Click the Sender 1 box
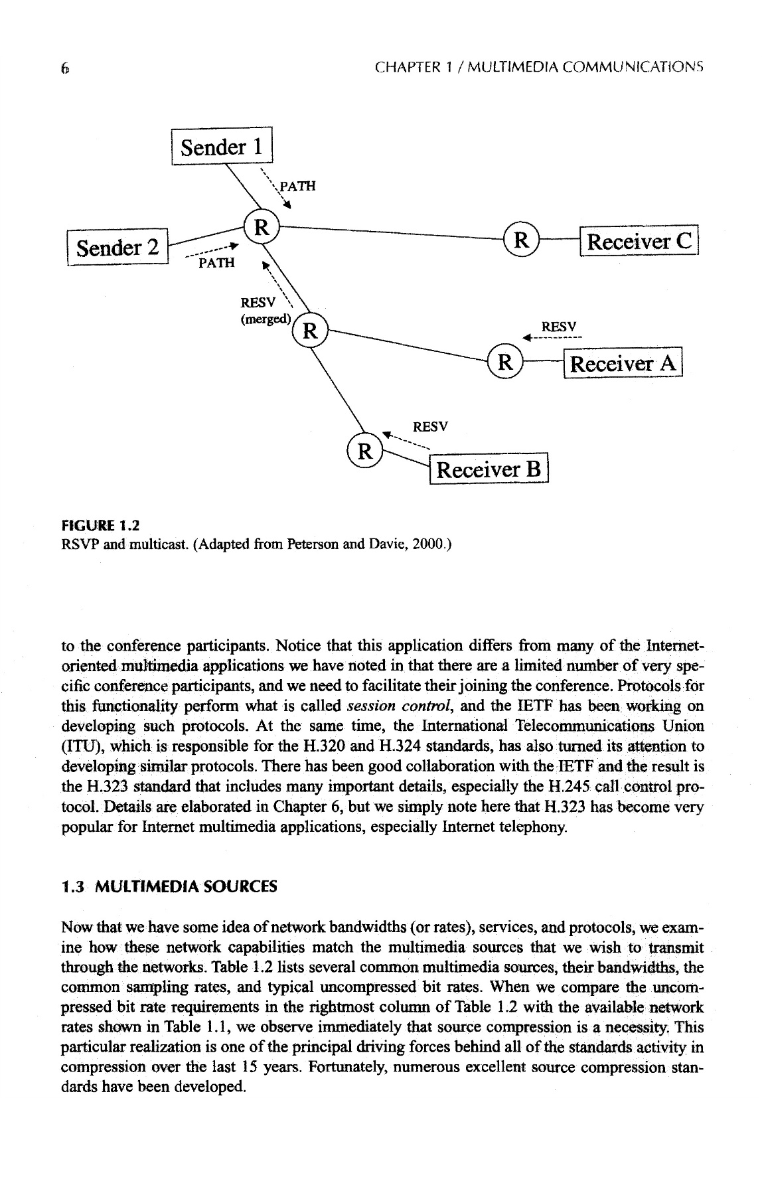click(x=222, y=146)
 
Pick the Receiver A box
click(x=623, y=363)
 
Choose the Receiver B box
click(x=490, y=469)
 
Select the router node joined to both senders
click(x=262, y=228)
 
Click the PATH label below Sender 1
click(x=297, y=186)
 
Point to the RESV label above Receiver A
click(x=558, y=327)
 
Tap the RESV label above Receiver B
click(x=430, y=426)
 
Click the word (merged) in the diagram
click(x=266, y=319)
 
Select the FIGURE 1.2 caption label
click(x=100, y=526)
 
